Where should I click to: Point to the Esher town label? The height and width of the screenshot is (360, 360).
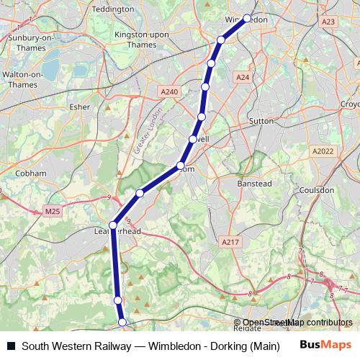pos(79,107)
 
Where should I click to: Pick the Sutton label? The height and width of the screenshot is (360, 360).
pos(261,121)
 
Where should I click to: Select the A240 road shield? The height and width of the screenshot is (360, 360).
pos(169,91)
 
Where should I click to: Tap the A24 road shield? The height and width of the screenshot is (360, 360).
pos(242,77)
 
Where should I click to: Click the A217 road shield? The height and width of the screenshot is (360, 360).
pos(230,242)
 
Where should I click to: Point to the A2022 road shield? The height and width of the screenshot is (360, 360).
pos(324,150)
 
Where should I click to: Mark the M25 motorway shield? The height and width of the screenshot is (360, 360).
pos(53,211)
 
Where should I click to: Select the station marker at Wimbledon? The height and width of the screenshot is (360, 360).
pos(247,19)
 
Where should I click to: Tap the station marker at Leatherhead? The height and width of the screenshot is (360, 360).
pos(113,225)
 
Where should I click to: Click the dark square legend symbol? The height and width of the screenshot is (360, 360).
pos(11,346)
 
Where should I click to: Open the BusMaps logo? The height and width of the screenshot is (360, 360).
pos(325,345)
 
